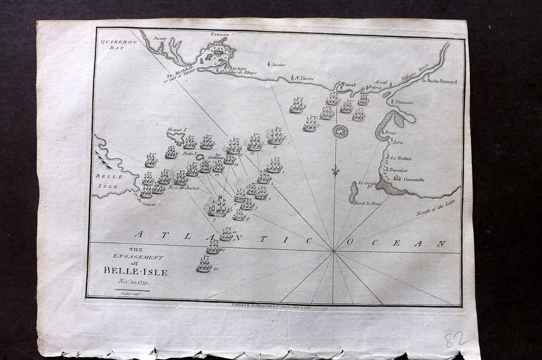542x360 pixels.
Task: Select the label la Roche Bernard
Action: (439, 81)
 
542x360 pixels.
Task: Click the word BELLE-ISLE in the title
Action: (135, 271)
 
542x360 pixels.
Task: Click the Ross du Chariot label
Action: (180, 188)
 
